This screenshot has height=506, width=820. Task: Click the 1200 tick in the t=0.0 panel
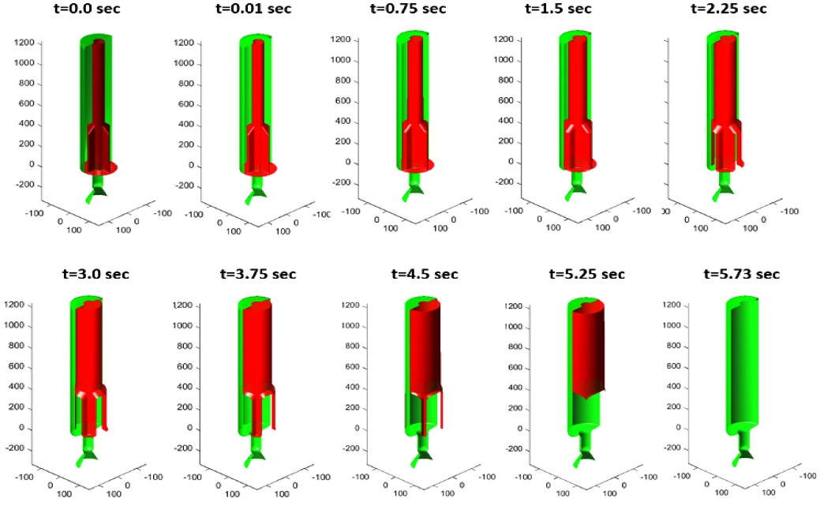(x=23, y=43)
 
